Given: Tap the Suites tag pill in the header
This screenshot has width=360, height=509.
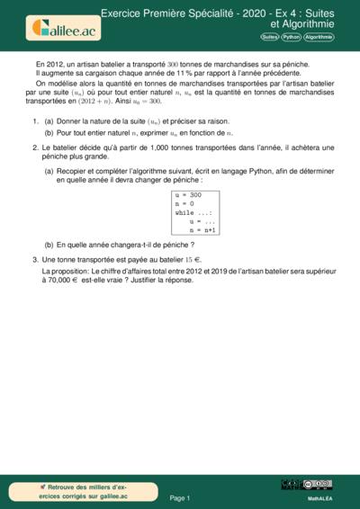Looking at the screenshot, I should coord(268,38).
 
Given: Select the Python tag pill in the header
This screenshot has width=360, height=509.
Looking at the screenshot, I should coord(291,38).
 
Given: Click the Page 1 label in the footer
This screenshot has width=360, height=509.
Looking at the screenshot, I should coord(180,497).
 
